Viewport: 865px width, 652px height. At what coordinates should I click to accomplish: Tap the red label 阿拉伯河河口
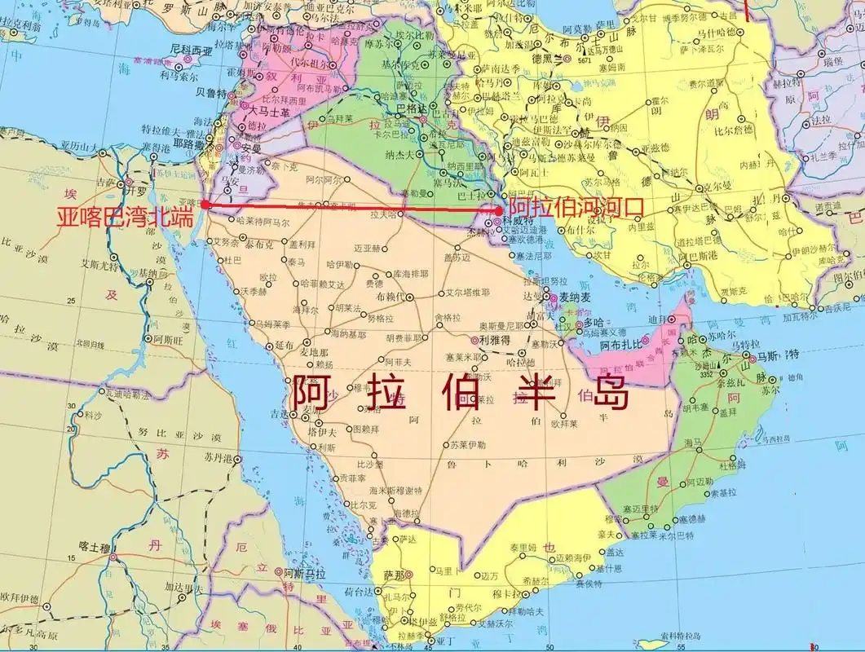575,208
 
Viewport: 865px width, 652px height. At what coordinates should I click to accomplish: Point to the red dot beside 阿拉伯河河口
499,210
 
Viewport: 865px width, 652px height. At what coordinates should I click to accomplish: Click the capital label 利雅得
495,340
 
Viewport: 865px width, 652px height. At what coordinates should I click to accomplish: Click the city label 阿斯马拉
304,574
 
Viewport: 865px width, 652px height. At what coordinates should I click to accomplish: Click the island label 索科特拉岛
678,634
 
